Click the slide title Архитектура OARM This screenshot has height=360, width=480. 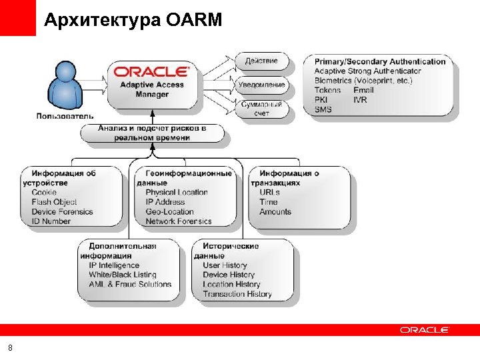click(133, 21)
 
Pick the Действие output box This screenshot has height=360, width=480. click(261, 61)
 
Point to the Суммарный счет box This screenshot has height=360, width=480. click(262, 109)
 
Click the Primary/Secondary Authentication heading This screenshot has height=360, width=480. click(379, 61)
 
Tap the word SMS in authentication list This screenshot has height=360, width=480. click(323, 109)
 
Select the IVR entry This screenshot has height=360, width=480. click(360, 100)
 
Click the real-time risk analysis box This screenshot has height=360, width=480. click(151, 132)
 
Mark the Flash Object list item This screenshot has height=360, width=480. click(54, 202)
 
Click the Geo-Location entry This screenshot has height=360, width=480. click(169, 212)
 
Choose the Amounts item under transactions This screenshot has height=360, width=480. click(275, 212)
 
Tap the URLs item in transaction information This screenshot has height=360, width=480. click(270, 193)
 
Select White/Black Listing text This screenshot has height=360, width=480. click(123, 275)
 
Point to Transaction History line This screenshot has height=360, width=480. click(237, 294)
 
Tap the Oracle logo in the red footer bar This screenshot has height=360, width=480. click(425, 330)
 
